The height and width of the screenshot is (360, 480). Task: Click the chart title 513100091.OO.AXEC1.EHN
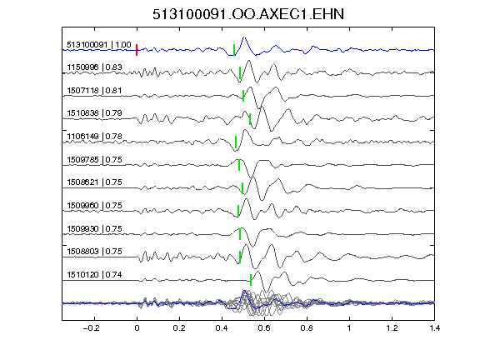[x=248, y=14]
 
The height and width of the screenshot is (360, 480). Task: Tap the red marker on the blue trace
[x=137, y=50]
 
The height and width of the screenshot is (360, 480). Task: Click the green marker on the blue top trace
[x=234, y=50]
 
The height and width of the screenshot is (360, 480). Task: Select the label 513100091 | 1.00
[x=99, y=45]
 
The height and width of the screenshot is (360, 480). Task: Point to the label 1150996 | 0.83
[x=95, y=67]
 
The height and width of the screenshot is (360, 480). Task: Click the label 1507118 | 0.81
[x=94, y=91]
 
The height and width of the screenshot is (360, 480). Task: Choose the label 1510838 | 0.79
[x=95, y=113]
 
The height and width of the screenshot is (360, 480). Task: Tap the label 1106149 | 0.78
[x=95, y=136]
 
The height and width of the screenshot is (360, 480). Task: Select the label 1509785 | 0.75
[x=95, y=159]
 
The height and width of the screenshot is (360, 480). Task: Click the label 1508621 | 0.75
[x=95, y=182]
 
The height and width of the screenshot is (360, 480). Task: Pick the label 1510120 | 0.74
[x=95, y=275]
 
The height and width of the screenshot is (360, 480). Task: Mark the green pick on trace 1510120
[x=251, y=280]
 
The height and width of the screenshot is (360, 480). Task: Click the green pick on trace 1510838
[x=250, y=119]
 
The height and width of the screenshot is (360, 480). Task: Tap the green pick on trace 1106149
[x=236, y=142]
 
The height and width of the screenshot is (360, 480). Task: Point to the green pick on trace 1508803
[x=240, y=257]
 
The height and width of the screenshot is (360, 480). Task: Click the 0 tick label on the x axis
[x=137, y=328]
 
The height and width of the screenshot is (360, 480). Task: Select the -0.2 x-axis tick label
[x=91, y=328]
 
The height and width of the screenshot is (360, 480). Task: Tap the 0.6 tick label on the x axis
[x=264, y=328]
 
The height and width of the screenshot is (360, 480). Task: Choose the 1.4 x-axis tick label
[x=434, y=328]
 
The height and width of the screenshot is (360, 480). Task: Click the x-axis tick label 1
[x=349, y=328]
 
